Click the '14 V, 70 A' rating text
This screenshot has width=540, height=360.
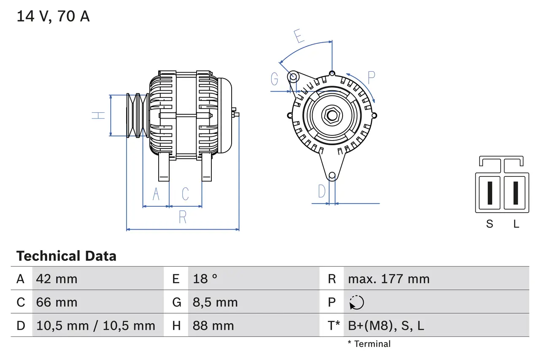[53, 16]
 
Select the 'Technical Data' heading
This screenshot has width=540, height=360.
[66, 256]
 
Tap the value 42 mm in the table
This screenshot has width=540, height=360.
[57, 279]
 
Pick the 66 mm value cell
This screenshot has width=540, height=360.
[57, 302]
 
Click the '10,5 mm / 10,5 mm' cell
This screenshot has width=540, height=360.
[96, 325]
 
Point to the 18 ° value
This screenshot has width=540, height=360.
[205, 279]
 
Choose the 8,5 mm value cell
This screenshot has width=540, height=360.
[215, 302]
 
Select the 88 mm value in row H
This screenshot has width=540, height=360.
[213, 325]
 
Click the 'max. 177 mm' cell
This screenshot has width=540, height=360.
[389, 279]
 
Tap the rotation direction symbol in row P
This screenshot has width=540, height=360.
[356, 302]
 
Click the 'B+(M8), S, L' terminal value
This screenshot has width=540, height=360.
[386, 325]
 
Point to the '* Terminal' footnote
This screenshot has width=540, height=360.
[369, 344]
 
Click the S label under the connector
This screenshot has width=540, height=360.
[489, 224]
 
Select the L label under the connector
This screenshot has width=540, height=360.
[516, 224]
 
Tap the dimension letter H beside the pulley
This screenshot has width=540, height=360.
[99, 115]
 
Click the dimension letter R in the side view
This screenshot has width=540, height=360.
[183, 217]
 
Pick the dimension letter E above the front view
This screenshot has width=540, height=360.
[299, 37]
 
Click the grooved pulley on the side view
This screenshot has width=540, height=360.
[138, 115]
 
